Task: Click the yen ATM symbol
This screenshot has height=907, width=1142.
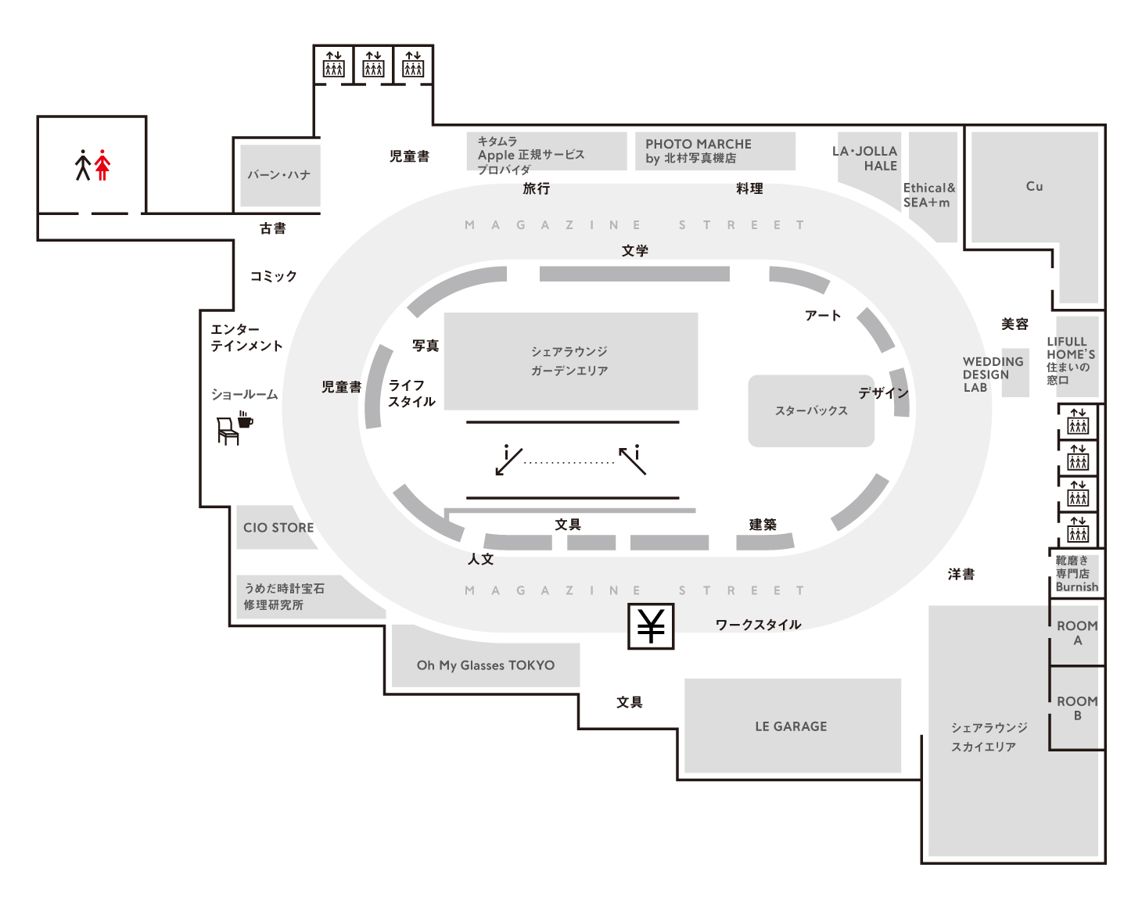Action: coord(651,626)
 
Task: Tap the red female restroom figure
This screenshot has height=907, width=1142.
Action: coord(102,165)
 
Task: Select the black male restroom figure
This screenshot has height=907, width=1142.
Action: coord(83,165)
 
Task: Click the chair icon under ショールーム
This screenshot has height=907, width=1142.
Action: coord(227,431)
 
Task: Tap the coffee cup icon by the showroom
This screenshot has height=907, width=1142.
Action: coord(246,420)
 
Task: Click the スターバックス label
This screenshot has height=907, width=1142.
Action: coord(811,410)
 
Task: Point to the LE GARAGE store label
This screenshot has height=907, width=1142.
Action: coord(791,726)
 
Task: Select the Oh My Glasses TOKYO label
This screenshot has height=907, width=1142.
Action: coord(486,665)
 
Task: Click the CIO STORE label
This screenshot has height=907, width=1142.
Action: coord(278,528)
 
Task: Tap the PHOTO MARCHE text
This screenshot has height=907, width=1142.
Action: coord(698,144)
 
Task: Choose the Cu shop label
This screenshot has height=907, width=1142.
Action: coord(1034,186)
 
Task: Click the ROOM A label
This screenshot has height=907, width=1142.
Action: coord(1077,633)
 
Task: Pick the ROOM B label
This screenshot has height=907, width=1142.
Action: coord(1077,708)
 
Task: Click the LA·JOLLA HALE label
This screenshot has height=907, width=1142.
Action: coord(865,158)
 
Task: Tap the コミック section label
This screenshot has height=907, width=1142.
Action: coord(274,276)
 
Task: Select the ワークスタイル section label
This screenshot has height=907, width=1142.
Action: coord(758,625)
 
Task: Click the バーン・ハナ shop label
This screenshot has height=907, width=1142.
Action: coord(279,175)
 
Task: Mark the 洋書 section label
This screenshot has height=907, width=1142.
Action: coord(961,575)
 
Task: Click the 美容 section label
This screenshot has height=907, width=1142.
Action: coord(1015,324)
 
